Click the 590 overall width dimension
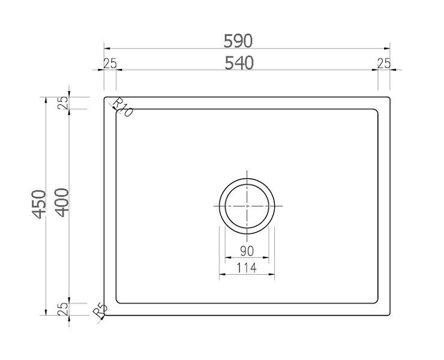[238, 41]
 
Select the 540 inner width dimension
[239, 63]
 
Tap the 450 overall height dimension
[39, 204]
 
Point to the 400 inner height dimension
[62, 203]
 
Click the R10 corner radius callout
[122, 107]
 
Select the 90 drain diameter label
[247, 251]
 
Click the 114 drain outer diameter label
[247, 268]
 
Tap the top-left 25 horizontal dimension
[110, 64]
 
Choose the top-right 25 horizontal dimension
[384, 64]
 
